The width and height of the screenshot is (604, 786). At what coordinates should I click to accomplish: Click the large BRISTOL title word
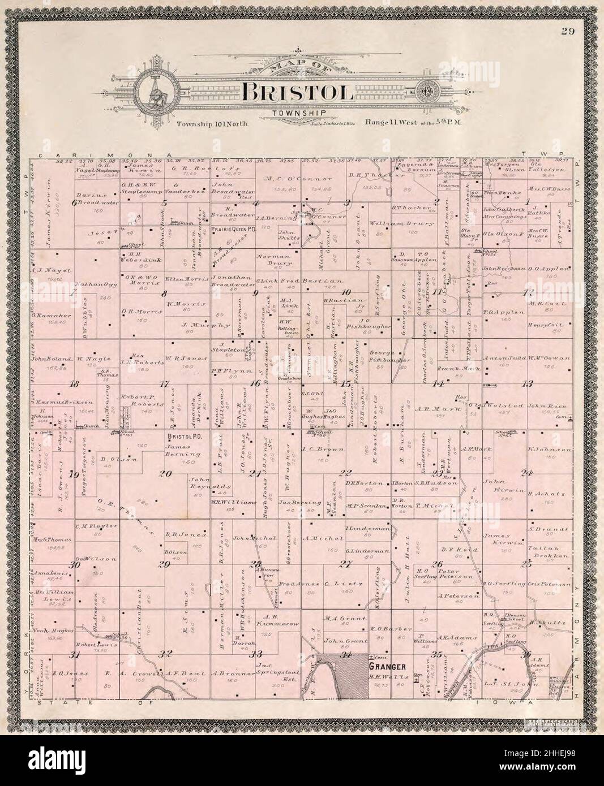tap(299, 91)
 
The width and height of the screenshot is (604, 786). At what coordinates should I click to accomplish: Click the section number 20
tap(165, 473)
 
